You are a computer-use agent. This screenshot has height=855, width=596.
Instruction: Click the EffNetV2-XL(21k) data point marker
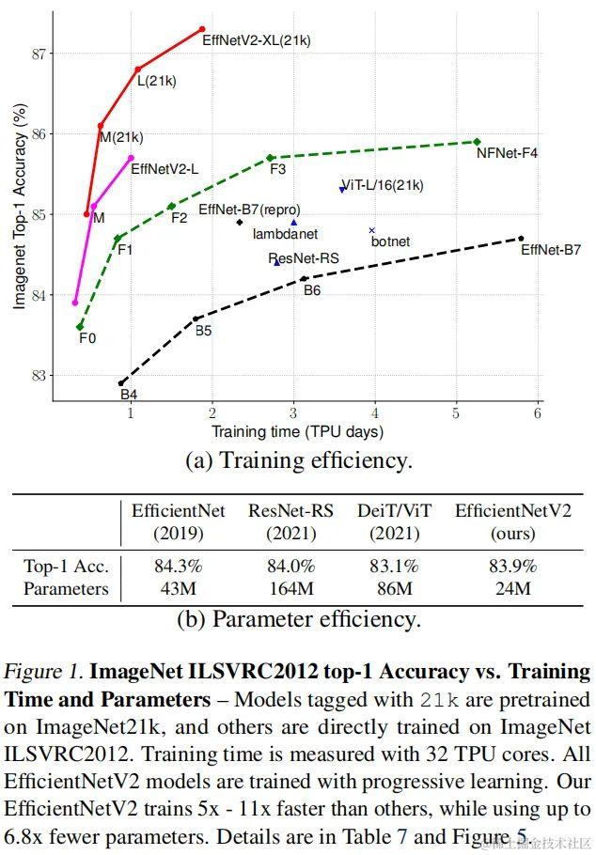(x=202, y=29)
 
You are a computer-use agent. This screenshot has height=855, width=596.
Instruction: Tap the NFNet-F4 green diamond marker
(x=478, y=142)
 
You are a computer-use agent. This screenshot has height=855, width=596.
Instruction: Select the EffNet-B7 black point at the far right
(x=521, y=239)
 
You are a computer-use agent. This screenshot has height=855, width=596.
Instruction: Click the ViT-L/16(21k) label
(x=382, y=185)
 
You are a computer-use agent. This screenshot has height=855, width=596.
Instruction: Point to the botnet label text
(x=390, y=241)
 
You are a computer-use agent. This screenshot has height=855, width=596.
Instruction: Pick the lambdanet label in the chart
(x=285, y=233)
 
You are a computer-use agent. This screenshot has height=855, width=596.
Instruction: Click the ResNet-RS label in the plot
(x=304, y=258)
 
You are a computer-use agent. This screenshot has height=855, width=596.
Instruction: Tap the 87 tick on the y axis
(x=39, y=54)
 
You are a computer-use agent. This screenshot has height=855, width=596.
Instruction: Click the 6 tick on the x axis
(x=538, y=413)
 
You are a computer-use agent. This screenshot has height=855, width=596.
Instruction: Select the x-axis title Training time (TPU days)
(x=297, y=432)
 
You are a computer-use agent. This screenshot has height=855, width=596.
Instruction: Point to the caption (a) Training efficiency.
(x=298, y=460)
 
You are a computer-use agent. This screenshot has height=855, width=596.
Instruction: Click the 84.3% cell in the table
(x=179, y=567)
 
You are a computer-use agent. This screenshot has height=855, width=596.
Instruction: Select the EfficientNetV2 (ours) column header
(x=512, y=521)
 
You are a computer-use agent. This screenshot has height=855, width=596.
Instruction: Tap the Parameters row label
(x=66, y=589)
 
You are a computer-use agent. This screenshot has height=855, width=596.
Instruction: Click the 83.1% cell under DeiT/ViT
(x=394, y=567)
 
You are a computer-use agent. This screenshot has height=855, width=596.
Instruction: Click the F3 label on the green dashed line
(x=278, y=169)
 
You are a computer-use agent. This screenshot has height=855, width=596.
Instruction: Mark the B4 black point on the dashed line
(x=121, y=382)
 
